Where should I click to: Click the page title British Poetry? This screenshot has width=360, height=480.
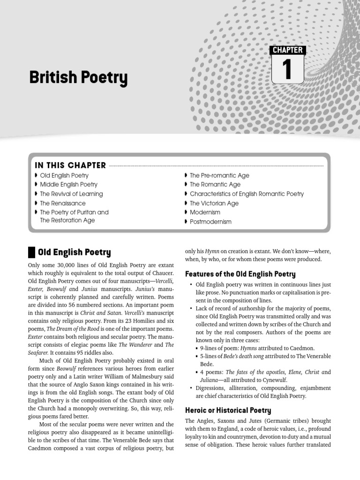point(78,78)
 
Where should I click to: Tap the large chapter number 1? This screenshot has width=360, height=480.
point(287,69)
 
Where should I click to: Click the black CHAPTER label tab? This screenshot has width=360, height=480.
point(287,50)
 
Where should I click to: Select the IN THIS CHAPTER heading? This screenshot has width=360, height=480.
point(70,165)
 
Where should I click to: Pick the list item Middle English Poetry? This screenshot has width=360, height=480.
point(68,185)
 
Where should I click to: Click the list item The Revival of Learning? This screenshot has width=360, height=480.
point(71,194)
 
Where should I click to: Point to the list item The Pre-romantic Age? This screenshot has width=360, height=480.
point(219,175)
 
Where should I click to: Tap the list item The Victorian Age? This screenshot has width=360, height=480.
point(214,203)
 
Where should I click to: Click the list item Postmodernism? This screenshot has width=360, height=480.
point(210,222)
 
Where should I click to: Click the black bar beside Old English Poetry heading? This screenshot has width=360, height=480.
point(31,253)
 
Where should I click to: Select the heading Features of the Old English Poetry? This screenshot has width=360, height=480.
point(240,274)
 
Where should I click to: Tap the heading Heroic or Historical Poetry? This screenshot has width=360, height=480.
point(228,410)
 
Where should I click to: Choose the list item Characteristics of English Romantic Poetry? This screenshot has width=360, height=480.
point(247,194)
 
